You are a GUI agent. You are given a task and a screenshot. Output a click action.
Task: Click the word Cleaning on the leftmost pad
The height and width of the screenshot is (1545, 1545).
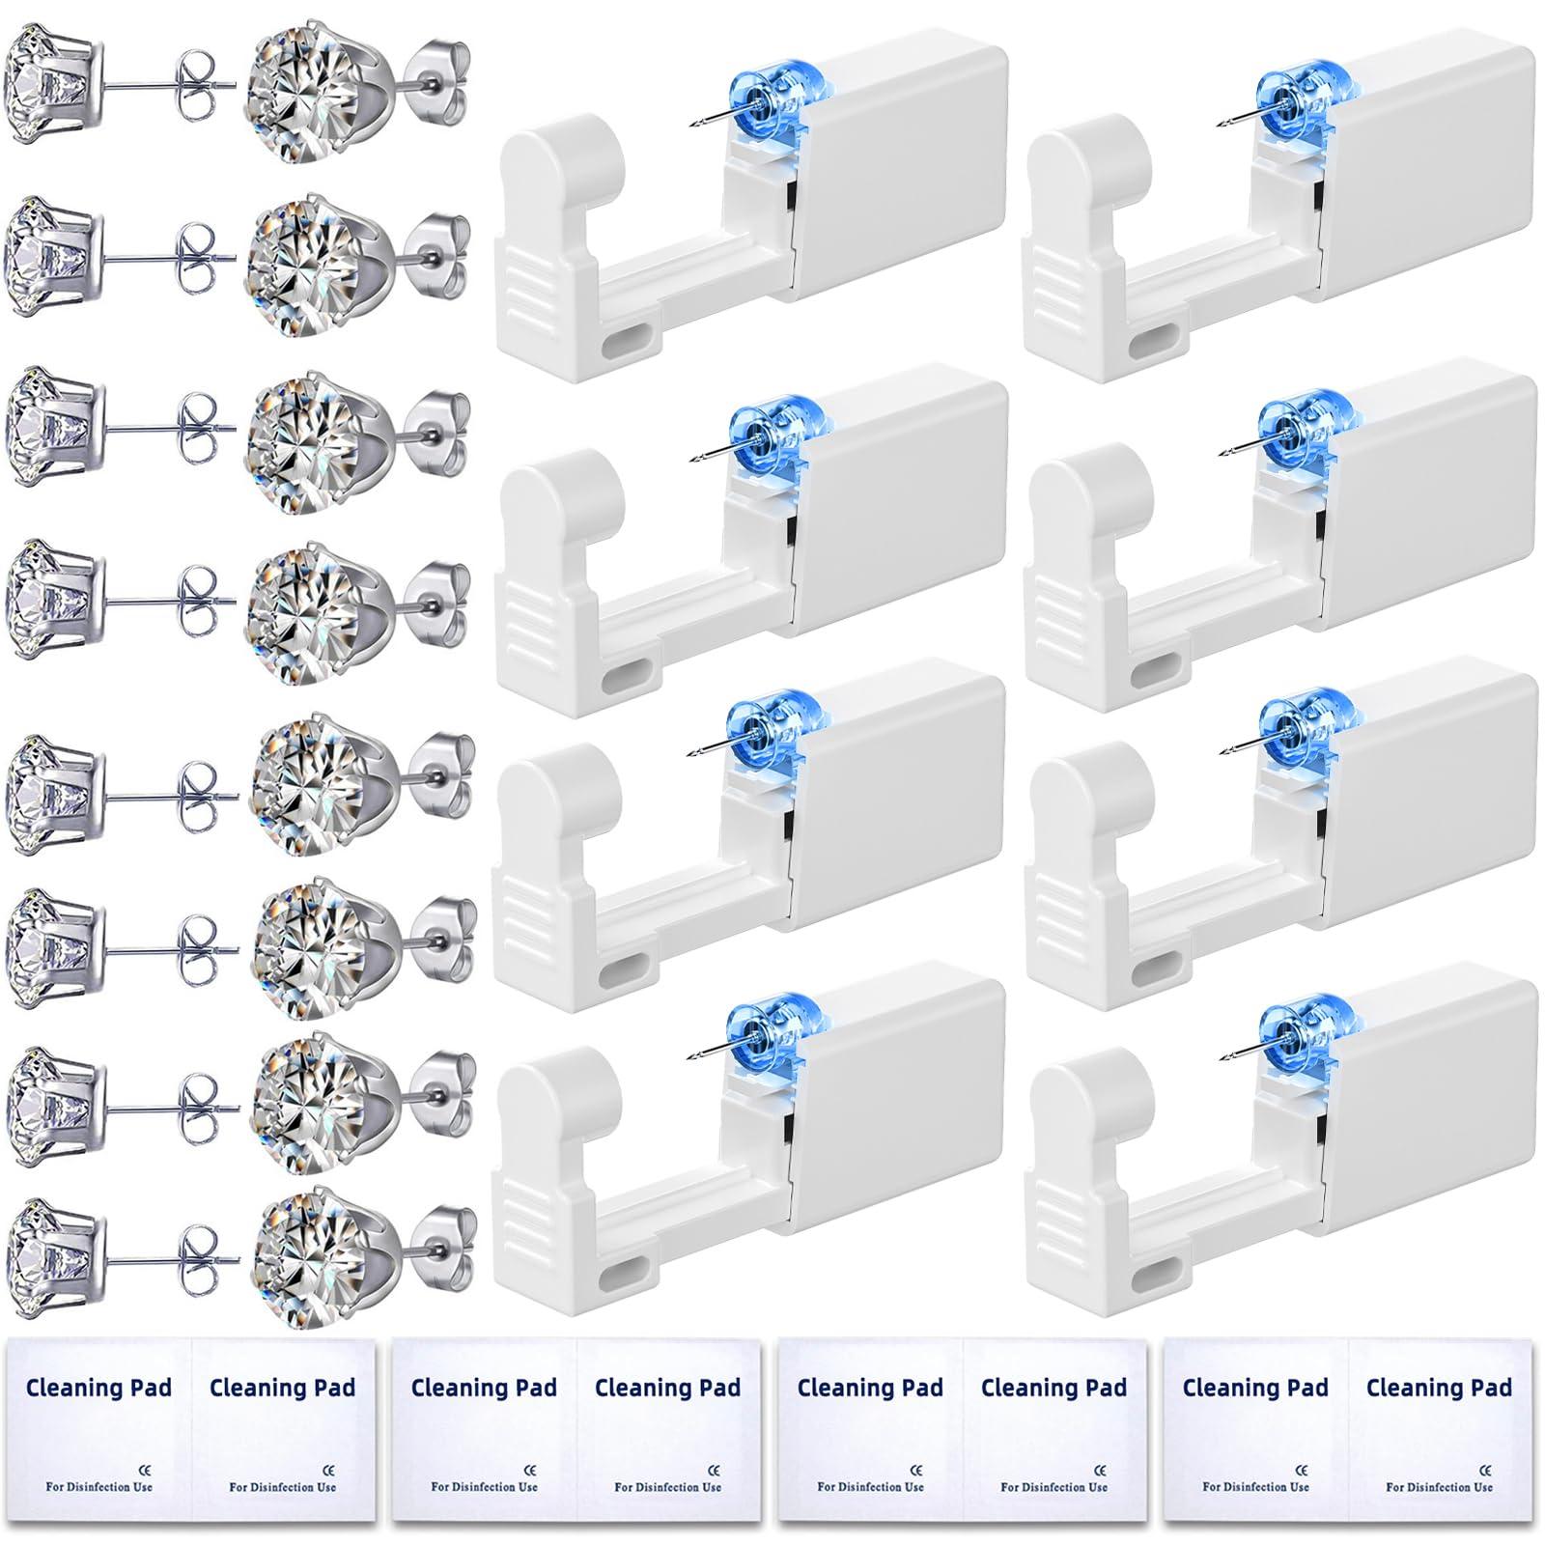pos(73,1389)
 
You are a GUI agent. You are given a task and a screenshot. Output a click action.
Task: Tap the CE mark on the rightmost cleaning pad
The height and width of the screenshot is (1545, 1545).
pos(1484,1471)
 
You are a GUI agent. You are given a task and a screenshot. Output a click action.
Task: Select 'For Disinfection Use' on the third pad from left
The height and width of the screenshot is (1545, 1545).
pos(870,1487)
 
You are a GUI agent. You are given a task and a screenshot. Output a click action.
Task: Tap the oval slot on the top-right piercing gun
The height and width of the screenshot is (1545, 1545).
pos(1156,342)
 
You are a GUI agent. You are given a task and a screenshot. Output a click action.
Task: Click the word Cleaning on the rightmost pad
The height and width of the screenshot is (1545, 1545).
pos(1230,1389)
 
